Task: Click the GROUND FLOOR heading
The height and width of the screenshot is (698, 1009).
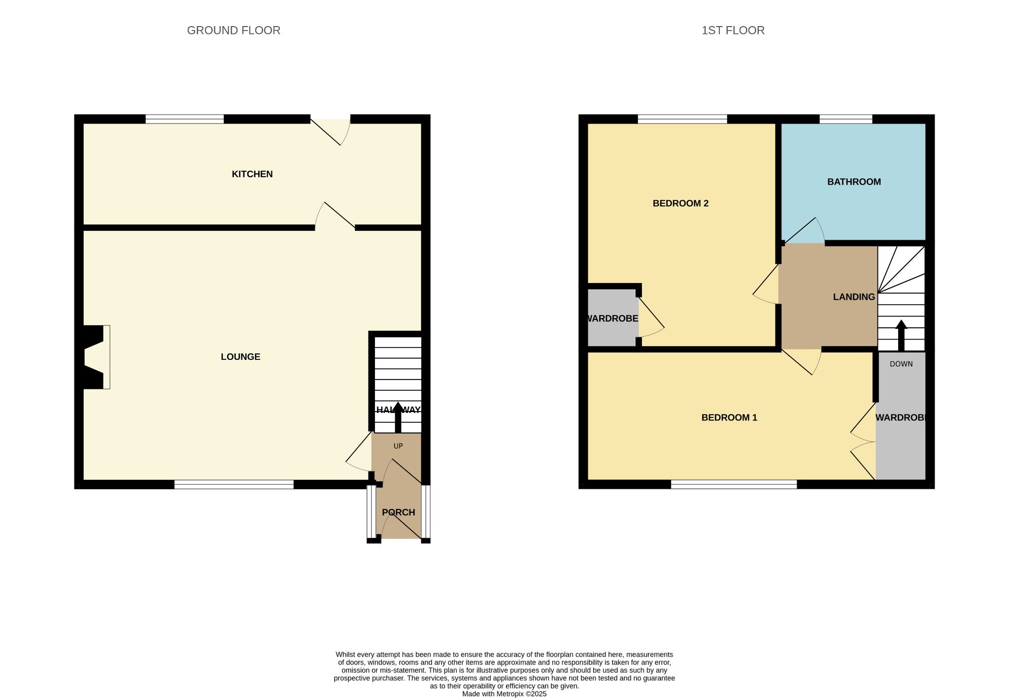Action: (234, 31)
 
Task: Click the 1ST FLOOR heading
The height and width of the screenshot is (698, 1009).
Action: (733, 31)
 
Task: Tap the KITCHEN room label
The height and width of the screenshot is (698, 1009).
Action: (252, 174)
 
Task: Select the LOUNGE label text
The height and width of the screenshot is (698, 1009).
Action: (240, 357)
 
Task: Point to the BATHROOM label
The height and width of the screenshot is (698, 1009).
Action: (854, 182)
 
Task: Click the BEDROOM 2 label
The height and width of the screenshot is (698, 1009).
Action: (680, 203)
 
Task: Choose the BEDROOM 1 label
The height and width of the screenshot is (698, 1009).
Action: (729, 418)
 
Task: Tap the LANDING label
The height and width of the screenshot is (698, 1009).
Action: (854, 297)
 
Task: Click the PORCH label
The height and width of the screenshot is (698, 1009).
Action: (399, 512)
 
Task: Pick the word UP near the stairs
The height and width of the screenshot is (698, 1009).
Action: (398, 446)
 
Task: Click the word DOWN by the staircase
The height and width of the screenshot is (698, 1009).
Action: (901, 364)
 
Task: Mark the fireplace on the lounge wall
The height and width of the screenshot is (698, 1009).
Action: (94, 357)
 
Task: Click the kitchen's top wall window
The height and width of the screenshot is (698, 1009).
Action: (185, 119)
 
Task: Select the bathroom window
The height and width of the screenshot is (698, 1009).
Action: (846, 119)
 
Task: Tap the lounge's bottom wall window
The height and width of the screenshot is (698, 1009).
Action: (234, 484)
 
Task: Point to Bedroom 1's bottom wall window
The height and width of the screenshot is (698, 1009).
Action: (734, 484)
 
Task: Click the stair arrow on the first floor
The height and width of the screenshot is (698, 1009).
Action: (901, 335)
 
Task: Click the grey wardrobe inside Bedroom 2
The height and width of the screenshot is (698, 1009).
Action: (613, 317)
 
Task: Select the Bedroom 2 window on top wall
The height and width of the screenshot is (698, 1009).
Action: (682, 119)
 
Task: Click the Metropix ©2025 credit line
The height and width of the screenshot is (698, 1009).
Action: (504, 694)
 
